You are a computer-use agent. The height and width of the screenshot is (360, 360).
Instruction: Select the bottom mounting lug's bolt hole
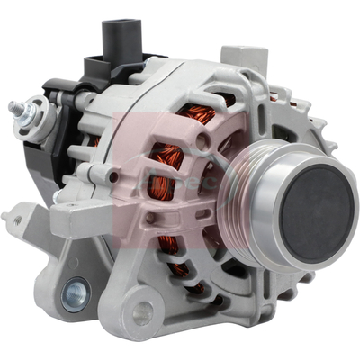click(141, 313)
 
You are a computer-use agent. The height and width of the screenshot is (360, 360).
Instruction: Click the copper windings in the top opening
click(199, 115)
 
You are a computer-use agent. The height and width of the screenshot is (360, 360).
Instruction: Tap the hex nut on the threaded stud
click(28, 112)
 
